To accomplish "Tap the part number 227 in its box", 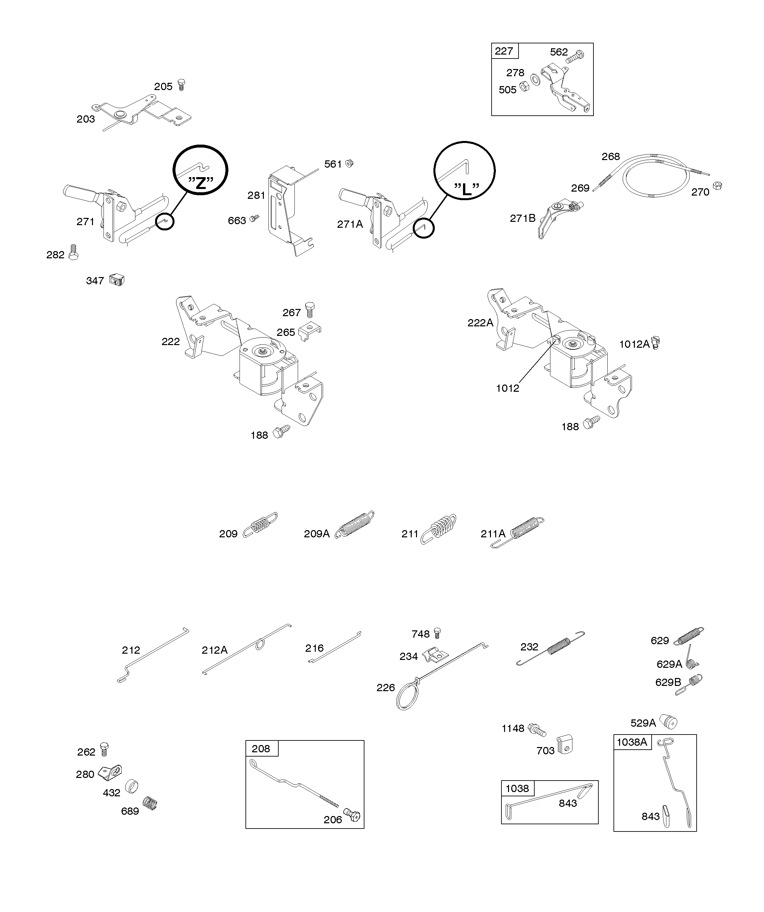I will tap(504, 51).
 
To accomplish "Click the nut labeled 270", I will tap(718, 186).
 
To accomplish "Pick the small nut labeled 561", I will tap(348, 163).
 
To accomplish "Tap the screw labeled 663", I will tap(255, 218).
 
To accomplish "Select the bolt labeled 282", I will tap(74, 252).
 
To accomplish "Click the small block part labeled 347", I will tap(117, 279).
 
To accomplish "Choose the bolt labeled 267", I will tap(310, 309).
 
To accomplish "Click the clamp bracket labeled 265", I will tap(310, 332).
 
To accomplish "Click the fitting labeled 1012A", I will tap(656, 344).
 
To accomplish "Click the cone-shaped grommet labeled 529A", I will tap(669, 721).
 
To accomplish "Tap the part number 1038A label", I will tap(632, 742).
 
